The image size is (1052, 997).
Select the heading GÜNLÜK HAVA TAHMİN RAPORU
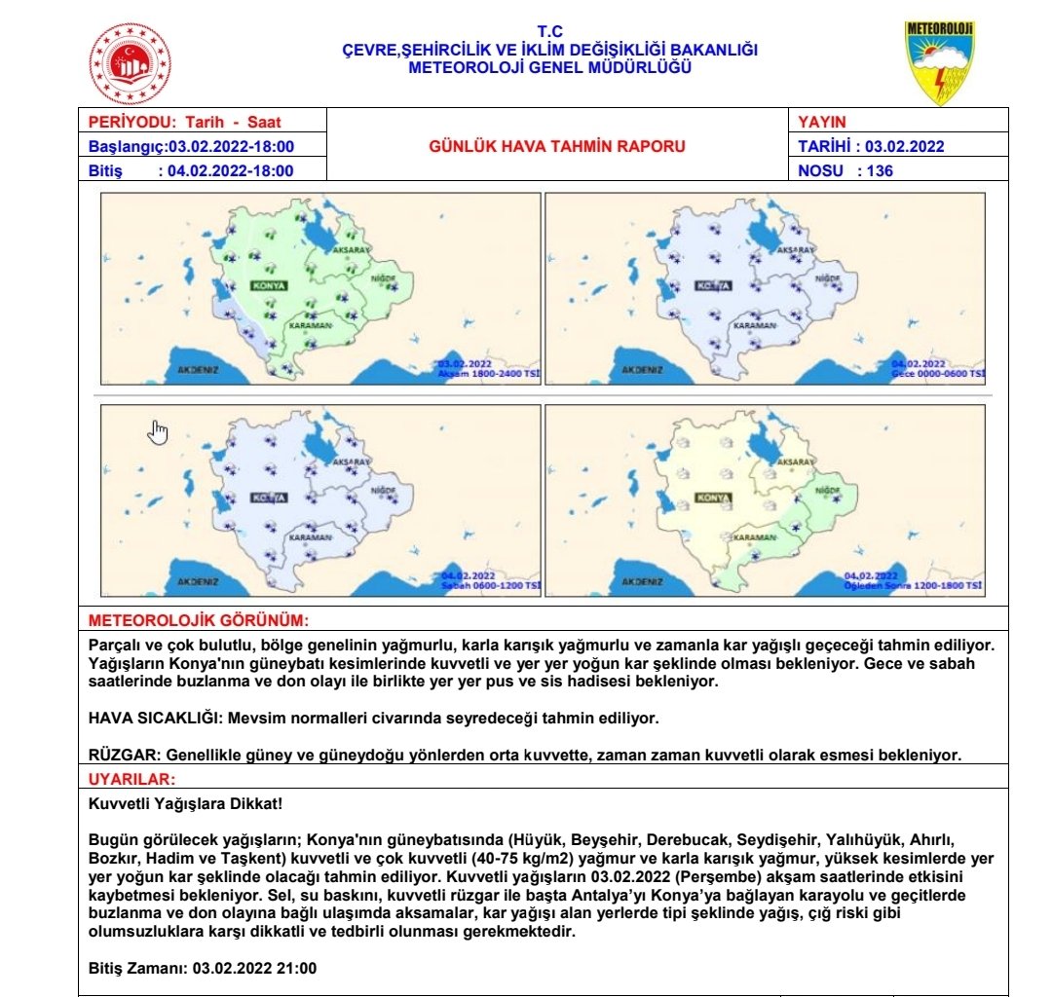(557, 147)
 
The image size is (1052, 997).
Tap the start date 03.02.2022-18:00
(232, 147)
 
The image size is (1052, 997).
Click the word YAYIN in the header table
(822, 123)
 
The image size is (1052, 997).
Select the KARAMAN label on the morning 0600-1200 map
(309, 537)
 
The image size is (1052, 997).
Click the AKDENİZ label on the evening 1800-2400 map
(198, 370)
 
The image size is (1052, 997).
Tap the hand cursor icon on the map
(159, 432)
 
